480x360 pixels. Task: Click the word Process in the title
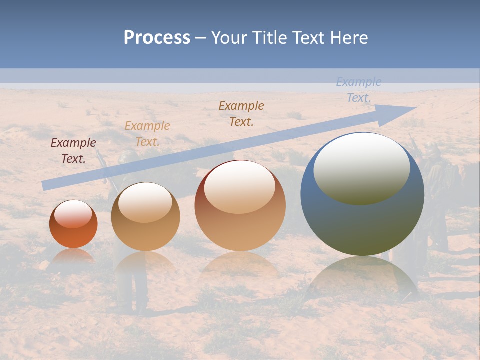point(157,38)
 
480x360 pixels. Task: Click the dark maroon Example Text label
point(73,151)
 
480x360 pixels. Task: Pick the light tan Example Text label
point(147,134)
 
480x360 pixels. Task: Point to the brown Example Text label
point(241,113)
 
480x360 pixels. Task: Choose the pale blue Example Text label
point(359,90)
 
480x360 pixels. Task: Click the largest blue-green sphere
point(362,220)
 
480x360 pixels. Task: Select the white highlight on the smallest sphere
point(73,214)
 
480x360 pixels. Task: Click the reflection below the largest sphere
point(362,277)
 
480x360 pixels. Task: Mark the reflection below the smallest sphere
point(73,256)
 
